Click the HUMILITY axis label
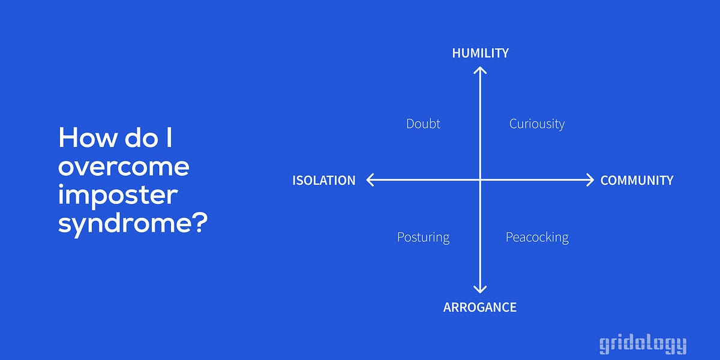click(480, 53)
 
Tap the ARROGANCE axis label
click(479, 307)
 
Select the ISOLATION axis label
click(323, 180)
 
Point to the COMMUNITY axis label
click(637, 180)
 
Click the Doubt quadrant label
click(423, 124)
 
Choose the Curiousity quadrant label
click(536, 124)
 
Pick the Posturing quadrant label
click(423, 237)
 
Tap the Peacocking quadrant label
click(536, 237)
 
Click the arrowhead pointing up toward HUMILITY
click(479, 70)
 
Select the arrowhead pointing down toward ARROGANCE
click(479, 289)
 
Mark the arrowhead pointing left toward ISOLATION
click(370, 179)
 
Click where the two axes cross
click(479, 179)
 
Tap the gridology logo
click(643, 344)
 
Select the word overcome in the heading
click(124, 167)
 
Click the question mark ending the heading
click(200, 223)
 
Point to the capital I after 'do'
click(169, 138)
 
